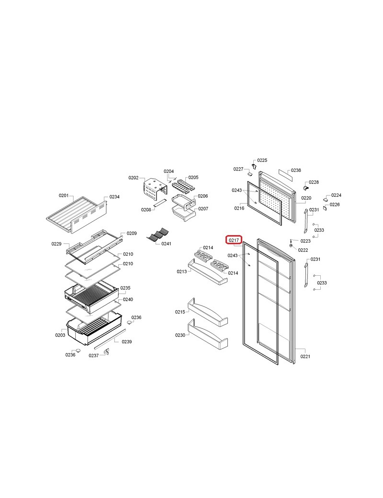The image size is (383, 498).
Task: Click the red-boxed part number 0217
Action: click(234, 240)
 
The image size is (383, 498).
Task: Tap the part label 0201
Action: click(64, 195)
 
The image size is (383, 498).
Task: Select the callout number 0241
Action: click(166, 244)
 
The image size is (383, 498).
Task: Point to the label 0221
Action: click(305, 356)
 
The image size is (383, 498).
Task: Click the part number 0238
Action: click(296, 170)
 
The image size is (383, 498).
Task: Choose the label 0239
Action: click(127, 342)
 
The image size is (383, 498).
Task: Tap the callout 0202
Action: click(134, 178)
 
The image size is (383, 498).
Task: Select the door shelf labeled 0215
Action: click(207, 312)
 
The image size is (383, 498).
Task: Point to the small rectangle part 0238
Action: click(285, 175)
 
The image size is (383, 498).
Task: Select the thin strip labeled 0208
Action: click(160, 203)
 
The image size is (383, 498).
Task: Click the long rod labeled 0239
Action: click(110, 340)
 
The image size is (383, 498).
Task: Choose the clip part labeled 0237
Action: click(106, 352)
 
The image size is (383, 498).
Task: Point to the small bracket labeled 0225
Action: click(254, 166)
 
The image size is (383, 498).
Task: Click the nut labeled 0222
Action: click(291, 246)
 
